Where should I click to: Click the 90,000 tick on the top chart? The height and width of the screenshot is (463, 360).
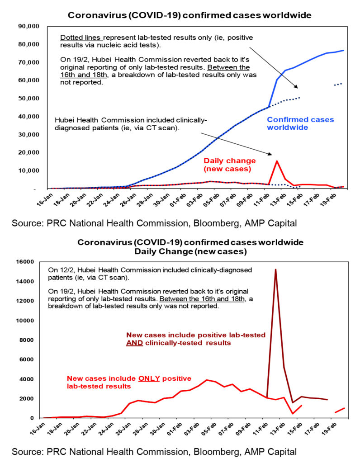pyautogui.click(x=28, y=26)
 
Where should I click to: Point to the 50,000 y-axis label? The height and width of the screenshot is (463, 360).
pyautogui.click(x=28, y=98)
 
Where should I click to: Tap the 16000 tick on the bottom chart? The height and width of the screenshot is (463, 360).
pyautogui.click(x=25, y=262)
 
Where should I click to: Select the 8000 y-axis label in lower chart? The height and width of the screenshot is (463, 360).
pyautogui.click(x=27, y=340)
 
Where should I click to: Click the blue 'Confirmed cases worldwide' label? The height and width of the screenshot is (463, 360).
pyautogui.click(x=300, y=123)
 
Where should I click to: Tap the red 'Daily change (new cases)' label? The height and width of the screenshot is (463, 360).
pyautogui.click(x=229, y=165)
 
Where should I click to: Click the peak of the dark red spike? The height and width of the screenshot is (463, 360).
pyautogui.click(x=275, y=269)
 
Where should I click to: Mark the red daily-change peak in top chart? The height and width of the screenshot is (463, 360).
pyautogui.click(x=277, y=161)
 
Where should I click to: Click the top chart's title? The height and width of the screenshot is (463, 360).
pyautogui.click(x=189, y=15)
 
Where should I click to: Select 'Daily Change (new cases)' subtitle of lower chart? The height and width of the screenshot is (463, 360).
pyautogui.click(x=190, y=251)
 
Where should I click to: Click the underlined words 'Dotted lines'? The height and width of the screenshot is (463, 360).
pyautogui.click(x=81, y=38)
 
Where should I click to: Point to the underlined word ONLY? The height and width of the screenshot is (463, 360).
pyautogui.click(x=149, y=378)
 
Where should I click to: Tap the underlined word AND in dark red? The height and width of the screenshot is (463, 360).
pyautogui.click(x=134, y=343)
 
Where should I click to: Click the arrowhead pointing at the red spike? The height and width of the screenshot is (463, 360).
pyautogui.click(x=270, y=154)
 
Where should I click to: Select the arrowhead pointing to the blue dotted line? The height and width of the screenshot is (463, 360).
pyautogui.click(x=296, y=86)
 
